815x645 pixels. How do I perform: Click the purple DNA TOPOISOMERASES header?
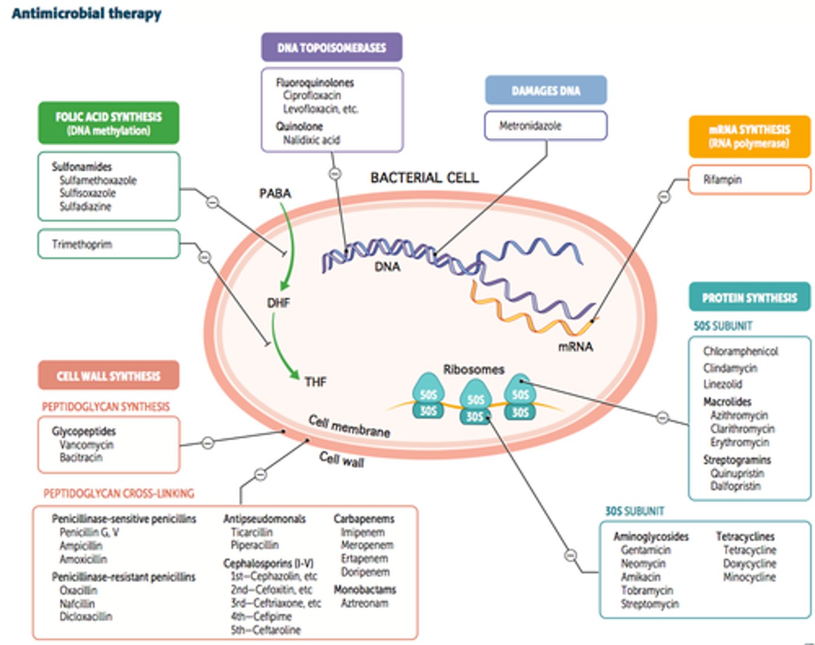tap(332, 48)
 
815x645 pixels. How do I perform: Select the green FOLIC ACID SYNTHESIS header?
tap(109, 123)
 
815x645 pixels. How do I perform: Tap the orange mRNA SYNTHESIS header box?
tap(749, 136)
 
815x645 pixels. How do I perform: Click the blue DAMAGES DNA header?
tap(546, 91)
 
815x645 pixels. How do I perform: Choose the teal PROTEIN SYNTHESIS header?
tap(749, 298)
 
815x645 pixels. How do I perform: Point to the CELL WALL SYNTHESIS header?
tap(109, 376)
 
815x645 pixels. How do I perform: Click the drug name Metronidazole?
tap(530, 126)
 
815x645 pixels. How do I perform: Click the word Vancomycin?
tap(87, 445)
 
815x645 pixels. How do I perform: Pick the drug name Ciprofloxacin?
tap(312, 96)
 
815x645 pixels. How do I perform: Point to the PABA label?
tap(275, 193)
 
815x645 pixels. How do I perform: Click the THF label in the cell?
tap(315, 382)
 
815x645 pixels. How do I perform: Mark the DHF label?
tap(278, 303)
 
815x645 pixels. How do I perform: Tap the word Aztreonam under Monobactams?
tap(364, 603)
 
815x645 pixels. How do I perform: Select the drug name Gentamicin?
tap(646, 550)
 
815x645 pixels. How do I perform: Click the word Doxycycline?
tap(749, 564)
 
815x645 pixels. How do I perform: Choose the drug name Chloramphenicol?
tap(740, 351)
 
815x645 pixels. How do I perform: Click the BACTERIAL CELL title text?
tap(424, 178)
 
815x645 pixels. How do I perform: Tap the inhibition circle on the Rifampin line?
tap(664, 196)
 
